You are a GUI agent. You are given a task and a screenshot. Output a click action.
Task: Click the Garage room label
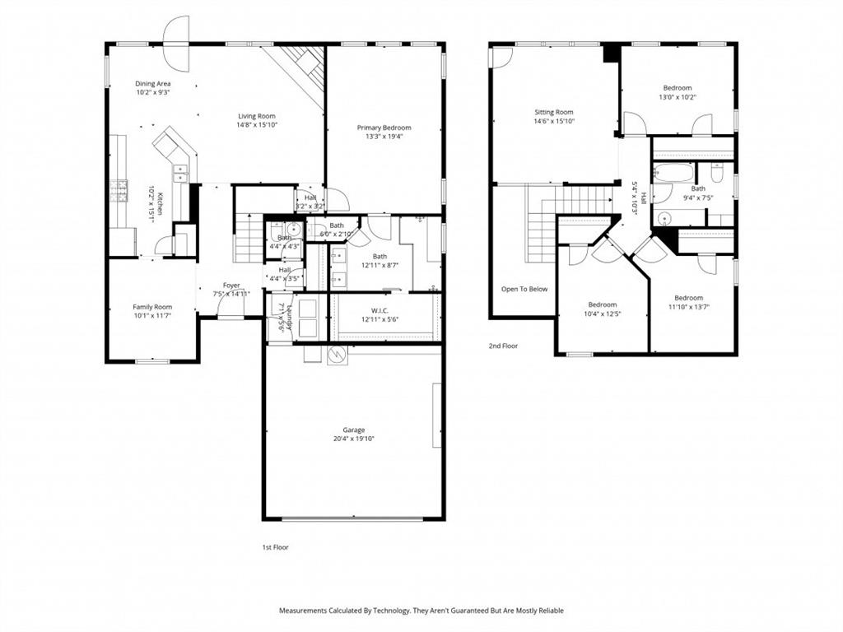354,430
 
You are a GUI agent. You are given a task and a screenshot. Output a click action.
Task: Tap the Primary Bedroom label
384,128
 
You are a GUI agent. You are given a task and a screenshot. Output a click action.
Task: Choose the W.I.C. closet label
380,310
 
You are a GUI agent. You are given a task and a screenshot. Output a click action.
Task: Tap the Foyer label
231,286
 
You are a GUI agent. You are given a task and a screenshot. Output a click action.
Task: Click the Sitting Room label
553,112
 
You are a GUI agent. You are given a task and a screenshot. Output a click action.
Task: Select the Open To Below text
524,289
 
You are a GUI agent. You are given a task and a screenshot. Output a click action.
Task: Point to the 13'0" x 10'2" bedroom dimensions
677,97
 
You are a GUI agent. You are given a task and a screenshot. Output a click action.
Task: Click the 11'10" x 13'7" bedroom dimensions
688,307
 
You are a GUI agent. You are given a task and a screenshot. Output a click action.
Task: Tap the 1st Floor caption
275,546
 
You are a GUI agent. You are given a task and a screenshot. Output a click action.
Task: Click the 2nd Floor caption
503,346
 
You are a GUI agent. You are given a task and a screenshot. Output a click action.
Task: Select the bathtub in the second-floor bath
673,173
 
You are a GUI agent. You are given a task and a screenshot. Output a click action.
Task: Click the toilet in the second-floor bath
717,174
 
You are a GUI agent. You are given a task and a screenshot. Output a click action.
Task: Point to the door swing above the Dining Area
176,43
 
